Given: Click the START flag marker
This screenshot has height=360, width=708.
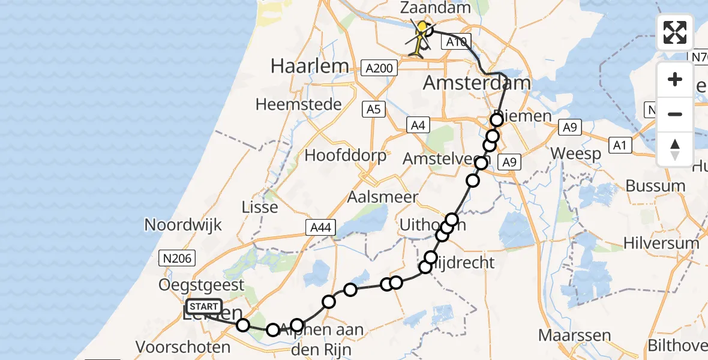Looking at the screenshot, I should click(x=203, y=307).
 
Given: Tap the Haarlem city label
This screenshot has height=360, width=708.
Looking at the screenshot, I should click(x=310, y=66).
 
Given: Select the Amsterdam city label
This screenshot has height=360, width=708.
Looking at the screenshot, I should click(x=477, y=83).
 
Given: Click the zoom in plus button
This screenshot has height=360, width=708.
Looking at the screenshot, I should click(x=675, y=79).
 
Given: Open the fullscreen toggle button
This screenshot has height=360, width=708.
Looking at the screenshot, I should click(x=675, y=32).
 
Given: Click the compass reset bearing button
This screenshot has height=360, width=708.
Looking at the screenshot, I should click(x=675, y=149).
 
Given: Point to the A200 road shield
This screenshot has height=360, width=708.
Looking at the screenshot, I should click(x=379, y=68).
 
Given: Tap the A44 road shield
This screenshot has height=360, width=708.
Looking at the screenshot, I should click(x=320, y=227).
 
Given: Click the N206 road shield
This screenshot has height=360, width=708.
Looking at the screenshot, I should click(x=175, y=259).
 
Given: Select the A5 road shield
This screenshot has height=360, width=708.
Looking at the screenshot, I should click(x=373, y=110).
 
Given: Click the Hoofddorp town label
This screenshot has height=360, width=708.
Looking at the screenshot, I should click(x=345, y=155).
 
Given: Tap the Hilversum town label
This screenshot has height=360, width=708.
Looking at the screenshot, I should click(x=661, y=243).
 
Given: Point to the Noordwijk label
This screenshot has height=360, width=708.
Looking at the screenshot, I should click(x=183, y=225).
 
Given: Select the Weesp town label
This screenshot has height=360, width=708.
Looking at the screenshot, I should click(x=575, y=154).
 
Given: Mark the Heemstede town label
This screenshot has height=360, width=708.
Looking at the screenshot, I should click(x=298, y=104).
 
